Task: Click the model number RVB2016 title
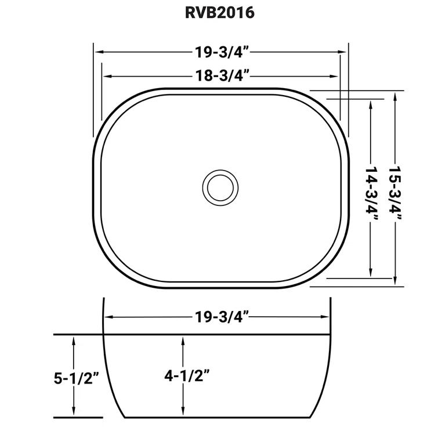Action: [219, 13]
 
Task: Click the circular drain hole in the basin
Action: [220, 187]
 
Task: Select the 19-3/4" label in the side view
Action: [219, 317]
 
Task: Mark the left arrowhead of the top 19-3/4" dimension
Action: [98, 52]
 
